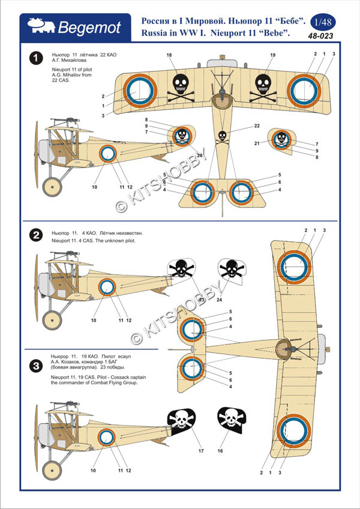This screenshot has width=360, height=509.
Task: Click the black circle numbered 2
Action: tap(37, 235)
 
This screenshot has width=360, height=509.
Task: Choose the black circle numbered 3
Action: tap(37, 364)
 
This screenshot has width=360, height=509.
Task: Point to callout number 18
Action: tap(169, 55)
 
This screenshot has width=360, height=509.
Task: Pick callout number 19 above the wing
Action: tap(272, 55)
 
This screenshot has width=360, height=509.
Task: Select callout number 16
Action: tap(220, 450)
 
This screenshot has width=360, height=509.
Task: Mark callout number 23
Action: tap(202, 299)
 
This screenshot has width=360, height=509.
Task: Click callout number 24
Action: tap(219, 299)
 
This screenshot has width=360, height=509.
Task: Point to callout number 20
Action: tap(199, 156)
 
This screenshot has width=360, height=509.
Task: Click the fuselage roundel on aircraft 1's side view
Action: tap(107, 154)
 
